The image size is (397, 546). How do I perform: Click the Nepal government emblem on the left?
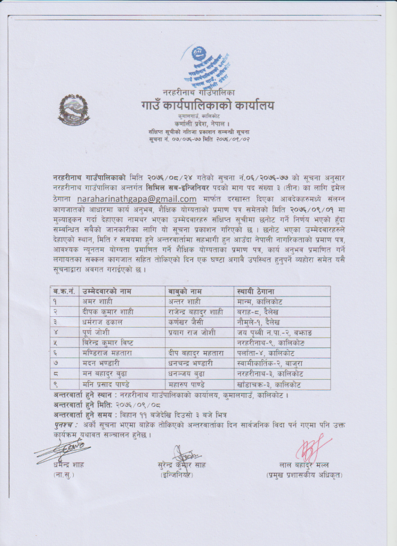coord(74,109)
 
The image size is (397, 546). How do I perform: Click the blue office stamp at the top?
coord(201,67)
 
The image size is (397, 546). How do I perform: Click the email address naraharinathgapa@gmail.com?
coord(137,199)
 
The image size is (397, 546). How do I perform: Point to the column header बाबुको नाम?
coord(187,291)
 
